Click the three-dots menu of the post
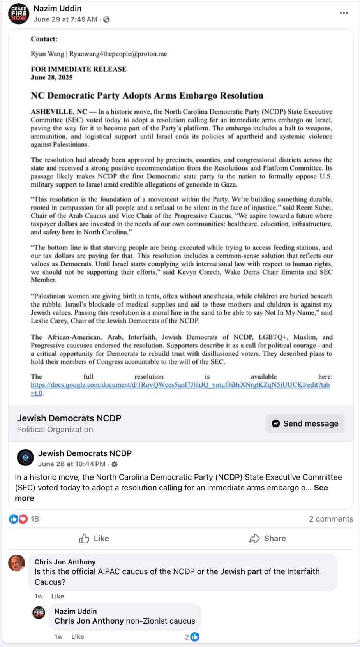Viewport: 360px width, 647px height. (344, 13)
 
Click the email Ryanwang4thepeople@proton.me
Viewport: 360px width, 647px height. (118, 54)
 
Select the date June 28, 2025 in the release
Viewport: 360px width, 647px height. (51, 77)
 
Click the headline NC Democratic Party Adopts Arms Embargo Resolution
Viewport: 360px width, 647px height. (147, 96)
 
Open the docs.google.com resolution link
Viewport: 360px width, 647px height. (180, 385)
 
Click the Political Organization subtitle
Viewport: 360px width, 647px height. (55, 429)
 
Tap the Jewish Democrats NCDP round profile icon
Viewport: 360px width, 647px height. (26, 458)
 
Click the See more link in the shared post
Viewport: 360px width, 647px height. (321, 488)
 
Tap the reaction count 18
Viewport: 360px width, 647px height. (35, 519)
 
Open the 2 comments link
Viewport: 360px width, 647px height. (331, 519)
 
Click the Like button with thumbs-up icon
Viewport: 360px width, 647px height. (94, 538)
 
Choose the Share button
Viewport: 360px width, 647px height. (267, 538)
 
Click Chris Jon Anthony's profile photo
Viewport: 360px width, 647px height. (17, 564)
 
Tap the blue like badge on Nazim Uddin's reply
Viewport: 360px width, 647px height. (195, 637)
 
